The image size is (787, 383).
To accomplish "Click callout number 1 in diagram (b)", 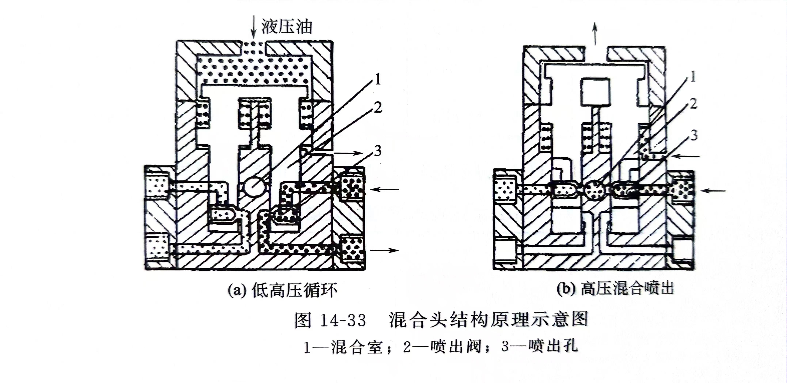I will point(693,76).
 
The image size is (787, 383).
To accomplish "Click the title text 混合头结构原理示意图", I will point(488,319).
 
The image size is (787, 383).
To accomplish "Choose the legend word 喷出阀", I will point(455,347).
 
